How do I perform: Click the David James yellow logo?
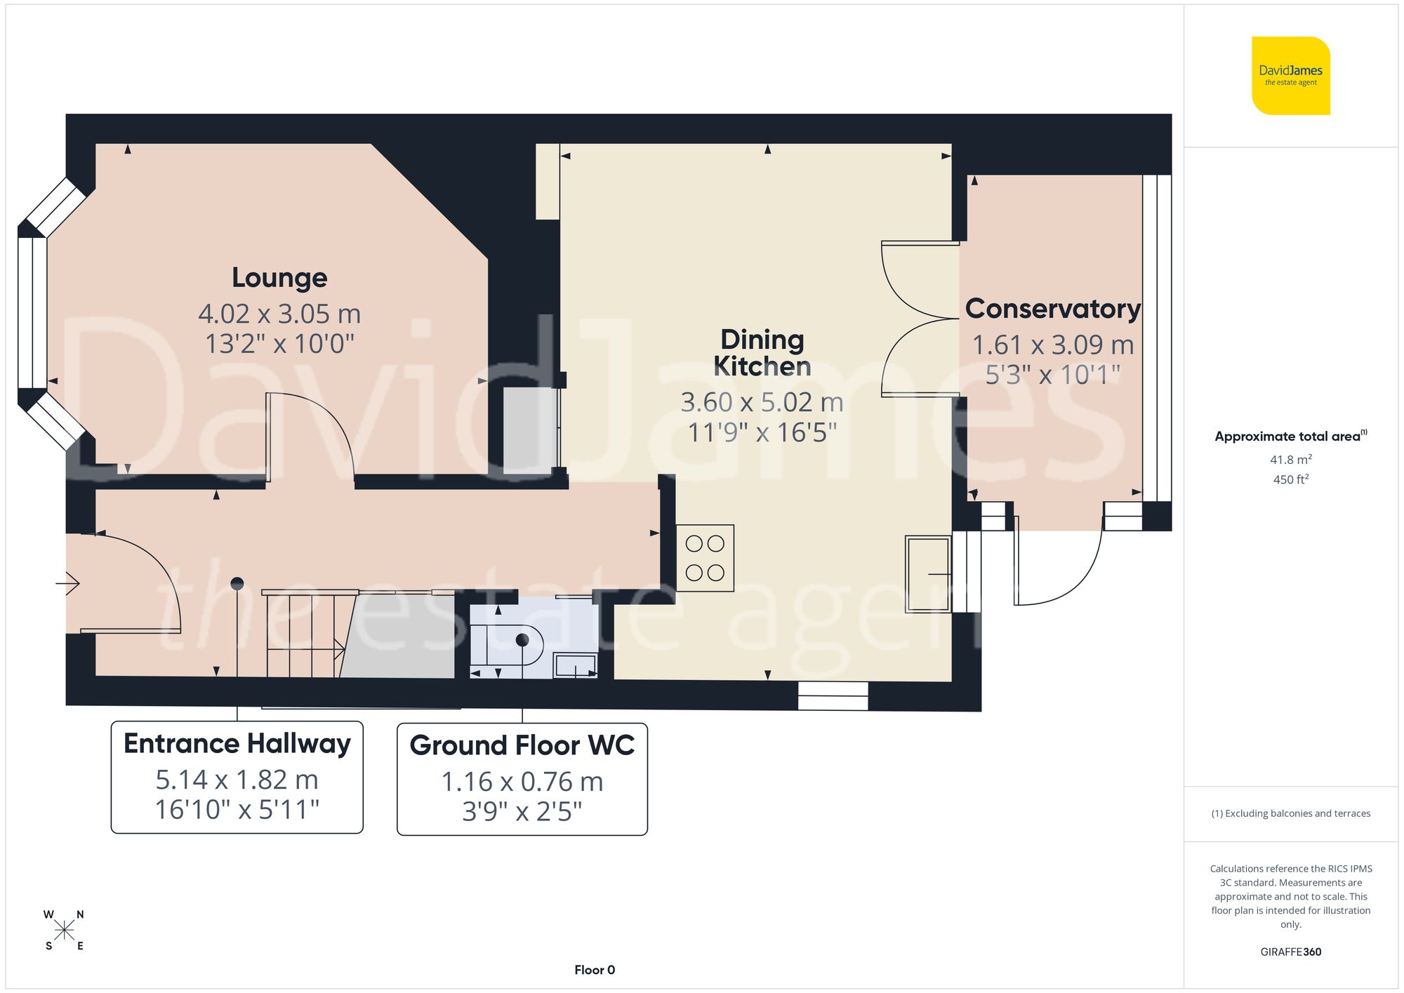coord(1290,76)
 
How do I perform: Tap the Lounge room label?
coord(279,278)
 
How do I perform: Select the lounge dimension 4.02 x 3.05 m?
coord(279,314)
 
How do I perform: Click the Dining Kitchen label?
coord(762,353)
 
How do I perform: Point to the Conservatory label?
coord(1052,309)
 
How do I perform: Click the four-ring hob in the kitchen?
coord(705,558)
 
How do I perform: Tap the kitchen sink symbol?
coord(927,574)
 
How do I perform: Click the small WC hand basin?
coord(576,665)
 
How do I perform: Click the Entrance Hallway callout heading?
coord(237,744)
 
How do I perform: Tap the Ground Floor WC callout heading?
coord(522,745)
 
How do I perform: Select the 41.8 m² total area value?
coord(1290,460)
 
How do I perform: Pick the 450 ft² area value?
coord(1290,479)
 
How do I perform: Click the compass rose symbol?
coord(64,931)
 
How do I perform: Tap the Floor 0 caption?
coord(594,970)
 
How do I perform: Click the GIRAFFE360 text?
coord(1290,952)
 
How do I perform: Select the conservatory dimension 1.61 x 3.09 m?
coord(1052,345)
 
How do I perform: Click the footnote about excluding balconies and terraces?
coord(1290,813)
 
